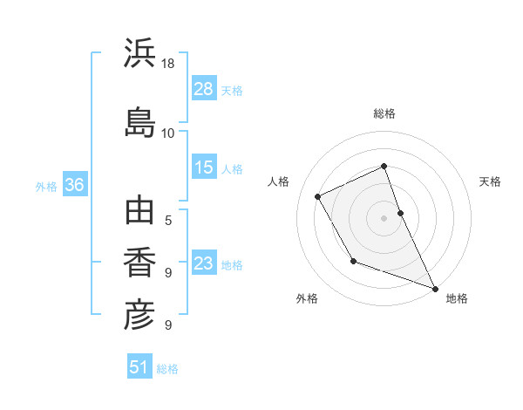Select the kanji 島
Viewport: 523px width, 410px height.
[x=139, y=121]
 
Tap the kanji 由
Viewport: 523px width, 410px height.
[x=139, y=212]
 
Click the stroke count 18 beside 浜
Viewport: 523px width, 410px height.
[x=167, y=64]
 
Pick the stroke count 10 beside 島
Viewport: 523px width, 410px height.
[x=167, y=133]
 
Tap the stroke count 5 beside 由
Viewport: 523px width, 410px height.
[x=167, y=220]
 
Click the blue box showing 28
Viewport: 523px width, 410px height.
[x=204, y=88]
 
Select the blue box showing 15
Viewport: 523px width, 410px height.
[x=204, y=167]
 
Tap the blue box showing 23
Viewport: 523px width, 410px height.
[x=204, y=263]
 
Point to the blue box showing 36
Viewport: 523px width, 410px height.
[x=74, y=185]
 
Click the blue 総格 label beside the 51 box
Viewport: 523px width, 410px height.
[x=167, y=369]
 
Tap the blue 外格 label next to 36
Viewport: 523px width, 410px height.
[x=46, y=186]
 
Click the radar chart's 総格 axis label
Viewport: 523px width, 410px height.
[x=384, y=113]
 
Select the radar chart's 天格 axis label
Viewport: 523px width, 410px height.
[x=490, y=181]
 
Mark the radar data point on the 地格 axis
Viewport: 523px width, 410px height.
[x=435, y=288]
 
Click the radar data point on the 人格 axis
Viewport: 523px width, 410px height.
[x=318, y=196]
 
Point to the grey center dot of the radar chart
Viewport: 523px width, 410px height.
[x=384, y=217]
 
